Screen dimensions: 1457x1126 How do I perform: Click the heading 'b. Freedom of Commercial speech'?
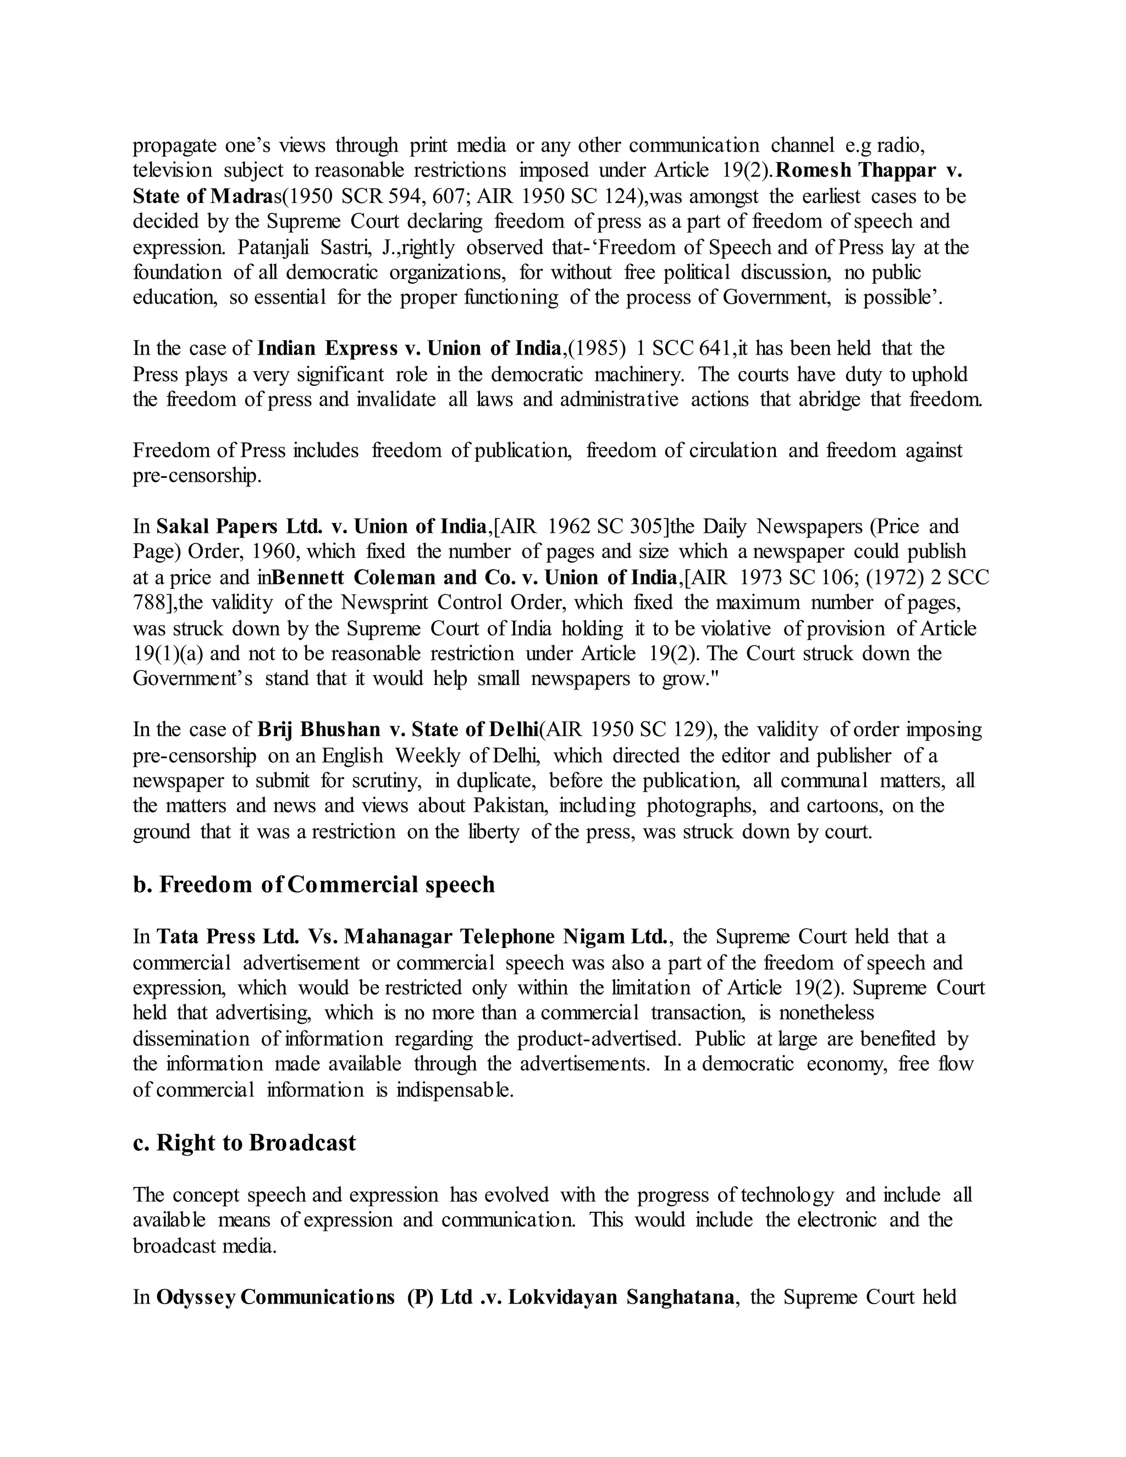coord(313,885)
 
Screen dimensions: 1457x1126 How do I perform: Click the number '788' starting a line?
coord(147,603)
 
